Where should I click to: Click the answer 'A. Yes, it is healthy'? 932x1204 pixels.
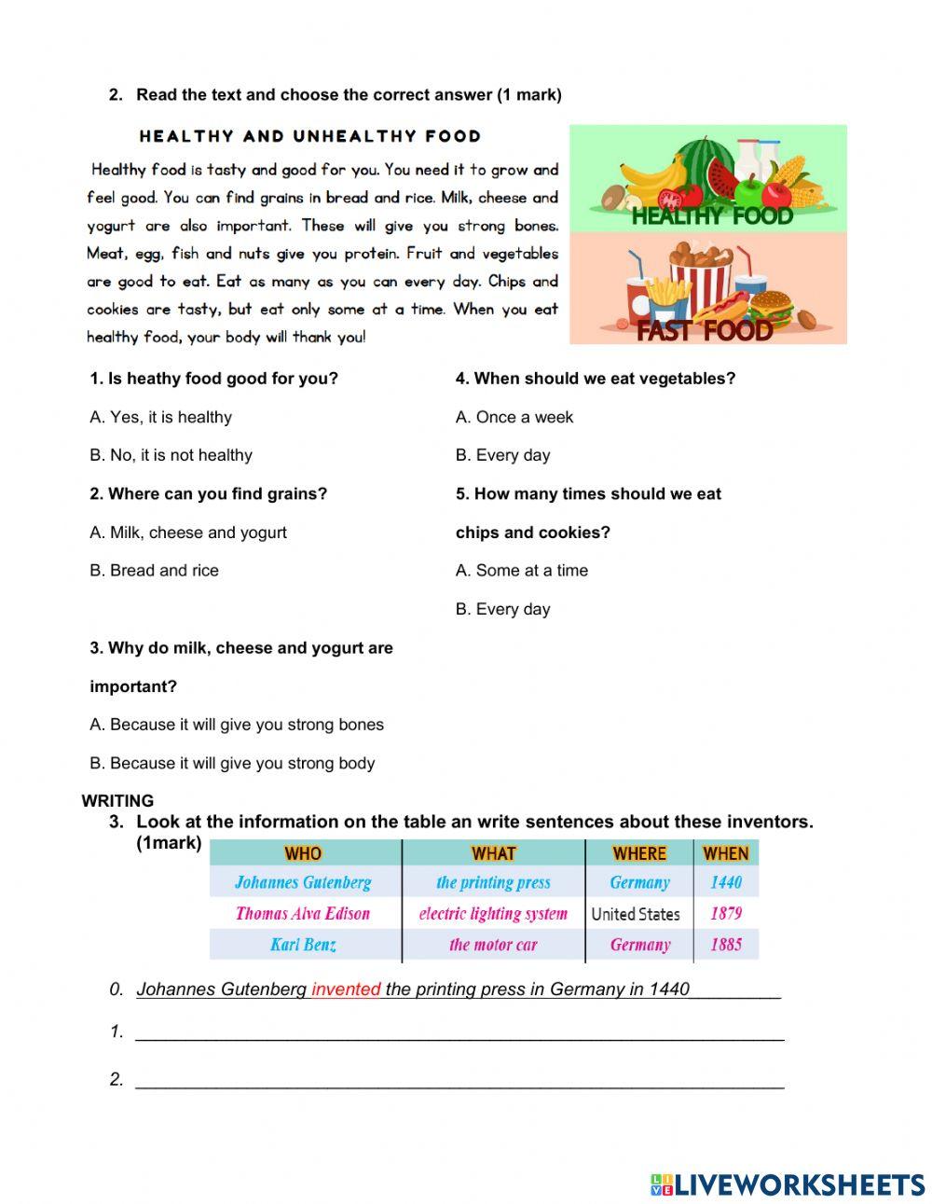[x=160, y=417]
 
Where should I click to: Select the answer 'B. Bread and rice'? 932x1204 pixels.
[x=154, y=570]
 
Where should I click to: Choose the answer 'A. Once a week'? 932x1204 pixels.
[x=514, y=417]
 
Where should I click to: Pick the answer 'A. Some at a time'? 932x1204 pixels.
[x=521, y=570]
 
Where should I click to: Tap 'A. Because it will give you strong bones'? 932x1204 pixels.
[x=236, y=724]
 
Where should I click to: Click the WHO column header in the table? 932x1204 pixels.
[x=303, y=852]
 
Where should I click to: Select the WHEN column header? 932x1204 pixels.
[x=725, y=852]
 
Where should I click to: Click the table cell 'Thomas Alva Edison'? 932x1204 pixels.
[x=303, y=913]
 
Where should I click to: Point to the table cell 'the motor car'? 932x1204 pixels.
[x=493, y=945]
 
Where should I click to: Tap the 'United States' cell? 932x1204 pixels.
[x=636, y=914]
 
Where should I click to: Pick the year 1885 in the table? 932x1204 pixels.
[x=725, y=945]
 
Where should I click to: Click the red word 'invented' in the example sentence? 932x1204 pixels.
[x=346, y=989]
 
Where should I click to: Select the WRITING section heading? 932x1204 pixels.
[x=117, y=800]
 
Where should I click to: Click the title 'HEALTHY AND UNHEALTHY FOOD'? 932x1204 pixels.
[x=309, y=136]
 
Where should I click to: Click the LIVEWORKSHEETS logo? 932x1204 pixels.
[x=787, y=1183]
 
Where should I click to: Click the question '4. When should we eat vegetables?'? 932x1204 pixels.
[x=595, y=378]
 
